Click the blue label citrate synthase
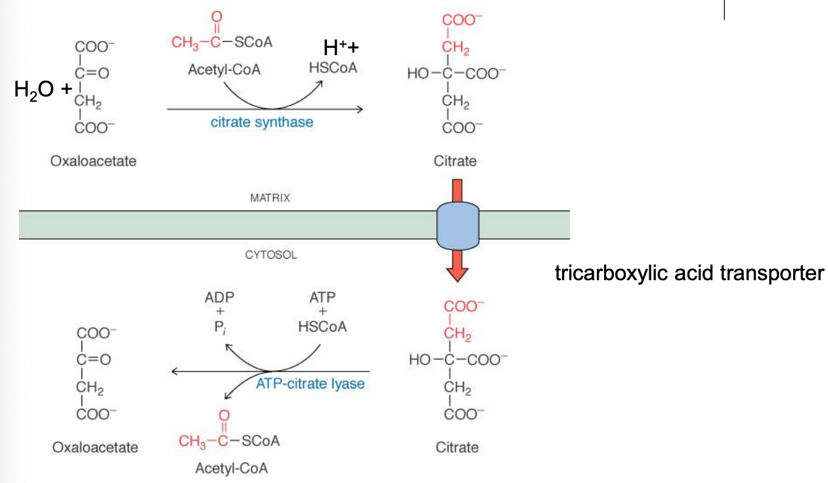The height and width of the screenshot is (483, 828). click(261, 122)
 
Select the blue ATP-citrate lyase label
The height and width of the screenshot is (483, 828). click(310, 383)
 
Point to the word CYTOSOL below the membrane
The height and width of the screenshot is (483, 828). click(271, 255)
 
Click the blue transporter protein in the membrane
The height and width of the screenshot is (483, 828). click(458, 225)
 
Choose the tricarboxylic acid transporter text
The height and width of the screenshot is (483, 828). click(689, 273)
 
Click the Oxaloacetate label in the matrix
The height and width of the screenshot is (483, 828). click(93, 161)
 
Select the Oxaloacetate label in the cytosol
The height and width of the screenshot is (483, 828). click(95, 448)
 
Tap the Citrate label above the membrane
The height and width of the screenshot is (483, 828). click(455, 161)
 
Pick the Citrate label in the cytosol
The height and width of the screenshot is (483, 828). click(457, 448)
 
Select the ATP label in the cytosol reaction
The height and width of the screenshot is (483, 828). click(322, 297)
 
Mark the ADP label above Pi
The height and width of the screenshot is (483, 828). click(219, 297)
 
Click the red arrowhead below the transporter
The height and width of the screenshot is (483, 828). click(458, 271)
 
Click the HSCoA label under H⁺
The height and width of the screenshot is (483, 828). click(333, 68)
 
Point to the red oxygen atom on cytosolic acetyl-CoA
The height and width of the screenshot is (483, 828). click(225, 415)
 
